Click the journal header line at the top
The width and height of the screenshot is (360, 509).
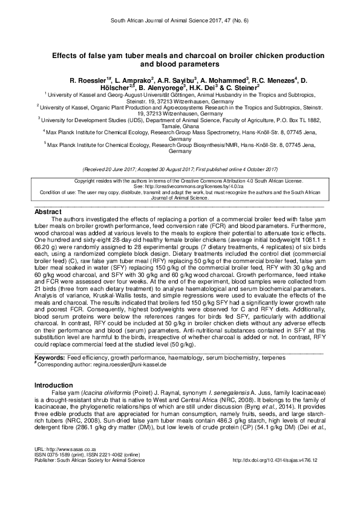(x=180, y=20)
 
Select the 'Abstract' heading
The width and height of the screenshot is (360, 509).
(x=48, y=212)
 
